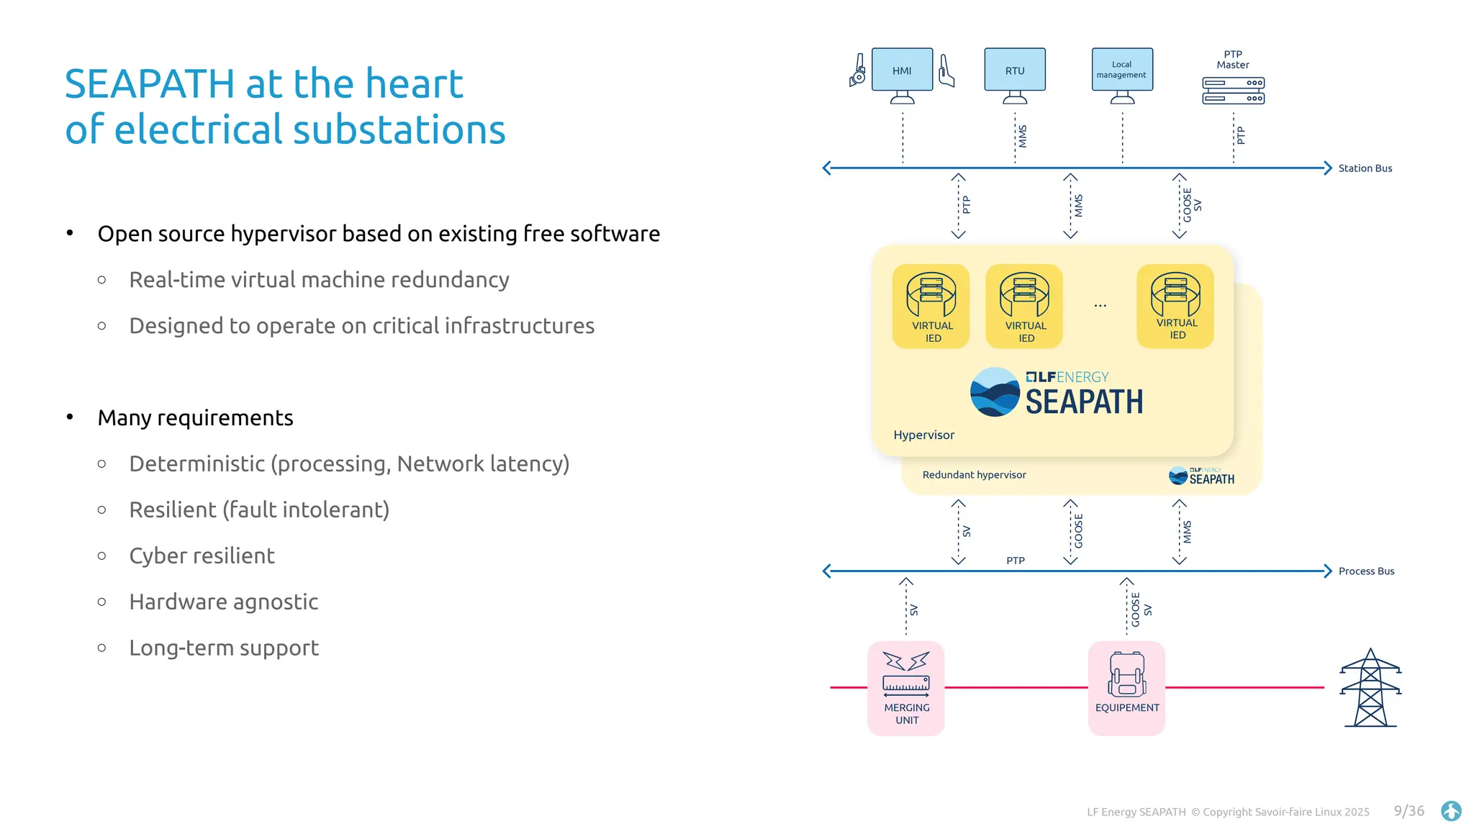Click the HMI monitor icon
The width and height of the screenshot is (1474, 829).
tap(902, 71)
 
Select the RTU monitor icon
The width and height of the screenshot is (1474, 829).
tap(1015, 71)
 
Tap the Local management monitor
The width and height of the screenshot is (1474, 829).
tap(1121, 71)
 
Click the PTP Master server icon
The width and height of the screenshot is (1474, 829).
tap(1233, 91)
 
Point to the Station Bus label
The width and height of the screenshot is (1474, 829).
tap(1365, 168)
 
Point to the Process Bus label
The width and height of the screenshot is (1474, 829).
tap(1366, 571)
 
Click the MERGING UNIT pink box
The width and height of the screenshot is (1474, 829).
tap(906, 688)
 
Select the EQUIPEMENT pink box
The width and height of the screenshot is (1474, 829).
tap(1126, 688)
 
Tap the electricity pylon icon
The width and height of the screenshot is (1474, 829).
tap(1370, 688)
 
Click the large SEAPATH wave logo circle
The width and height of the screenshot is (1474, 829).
tap(995, 392)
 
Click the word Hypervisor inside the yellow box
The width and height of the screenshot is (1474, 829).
tap(923, 435)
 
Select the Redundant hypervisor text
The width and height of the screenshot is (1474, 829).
tap(974, 475)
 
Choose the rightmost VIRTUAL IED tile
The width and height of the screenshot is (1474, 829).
tap(1175, 307)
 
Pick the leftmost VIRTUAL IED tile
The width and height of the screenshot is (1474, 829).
tap(931, 307)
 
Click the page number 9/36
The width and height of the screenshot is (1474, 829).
tap(1409, 811)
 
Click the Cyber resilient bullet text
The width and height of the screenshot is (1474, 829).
tap(202, 556)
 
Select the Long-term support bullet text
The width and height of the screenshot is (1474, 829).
tap(223, 648)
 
